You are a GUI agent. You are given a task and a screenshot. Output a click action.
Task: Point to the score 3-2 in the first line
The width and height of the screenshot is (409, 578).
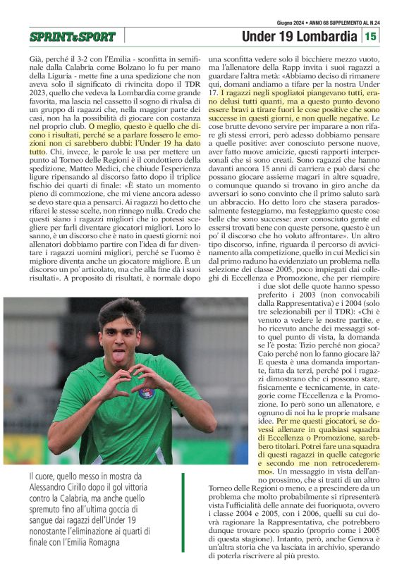83,61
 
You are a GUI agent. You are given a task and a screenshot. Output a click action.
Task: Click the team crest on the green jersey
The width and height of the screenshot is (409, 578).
147,392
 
